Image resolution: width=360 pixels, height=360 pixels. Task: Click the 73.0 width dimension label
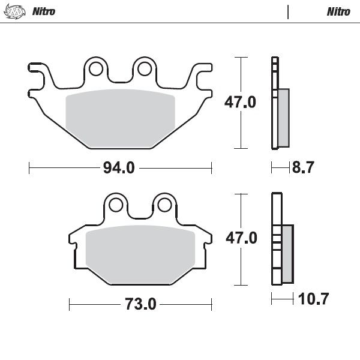(x=140, y=305)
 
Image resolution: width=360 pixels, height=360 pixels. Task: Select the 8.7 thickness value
(x=303, y=169)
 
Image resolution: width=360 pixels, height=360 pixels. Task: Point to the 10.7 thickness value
(x=313, y=298)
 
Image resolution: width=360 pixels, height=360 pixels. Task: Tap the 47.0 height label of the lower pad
(x=241, y=239)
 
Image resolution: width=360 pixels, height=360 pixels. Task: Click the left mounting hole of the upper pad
(x=95, y=70)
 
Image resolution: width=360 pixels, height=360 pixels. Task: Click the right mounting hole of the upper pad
(x=144, y=70)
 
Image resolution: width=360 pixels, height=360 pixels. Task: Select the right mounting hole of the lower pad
(x=163, y=206)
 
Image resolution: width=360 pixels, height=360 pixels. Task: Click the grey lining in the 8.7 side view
(x=284, y=117)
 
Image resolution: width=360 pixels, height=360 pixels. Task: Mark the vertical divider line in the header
(x=289, y=11)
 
